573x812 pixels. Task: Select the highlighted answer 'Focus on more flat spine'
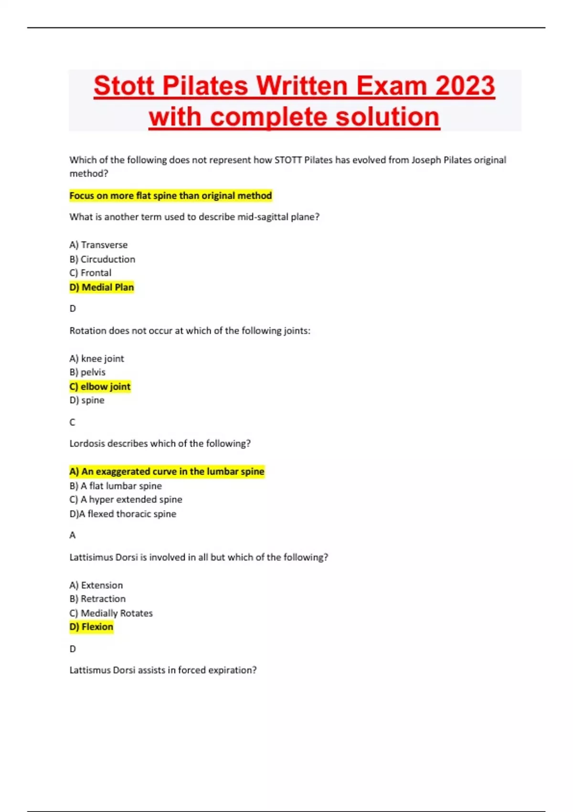[170, 195]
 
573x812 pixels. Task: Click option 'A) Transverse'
[98, 245]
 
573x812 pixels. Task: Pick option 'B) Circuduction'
[102, 259]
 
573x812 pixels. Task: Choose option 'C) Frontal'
[90, 273]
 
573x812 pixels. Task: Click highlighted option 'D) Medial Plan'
[102, 287]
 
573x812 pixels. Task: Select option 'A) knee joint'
[96, 358]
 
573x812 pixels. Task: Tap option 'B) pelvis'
[87, 372]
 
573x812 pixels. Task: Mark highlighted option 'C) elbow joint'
[100, 386]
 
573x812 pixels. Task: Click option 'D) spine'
[87, 400]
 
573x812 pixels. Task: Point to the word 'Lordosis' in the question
[87, 443]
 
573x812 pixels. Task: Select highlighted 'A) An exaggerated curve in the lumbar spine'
[167, 471]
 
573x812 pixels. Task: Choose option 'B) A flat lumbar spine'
[116, 486]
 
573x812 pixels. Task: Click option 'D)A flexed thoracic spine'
[123, 514]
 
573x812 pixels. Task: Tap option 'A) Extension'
[96, 585]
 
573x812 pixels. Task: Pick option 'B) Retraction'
[97, 599]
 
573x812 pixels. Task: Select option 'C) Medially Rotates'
[111, 613]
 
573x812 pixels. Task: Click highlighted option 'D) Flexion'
[91, 627]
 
